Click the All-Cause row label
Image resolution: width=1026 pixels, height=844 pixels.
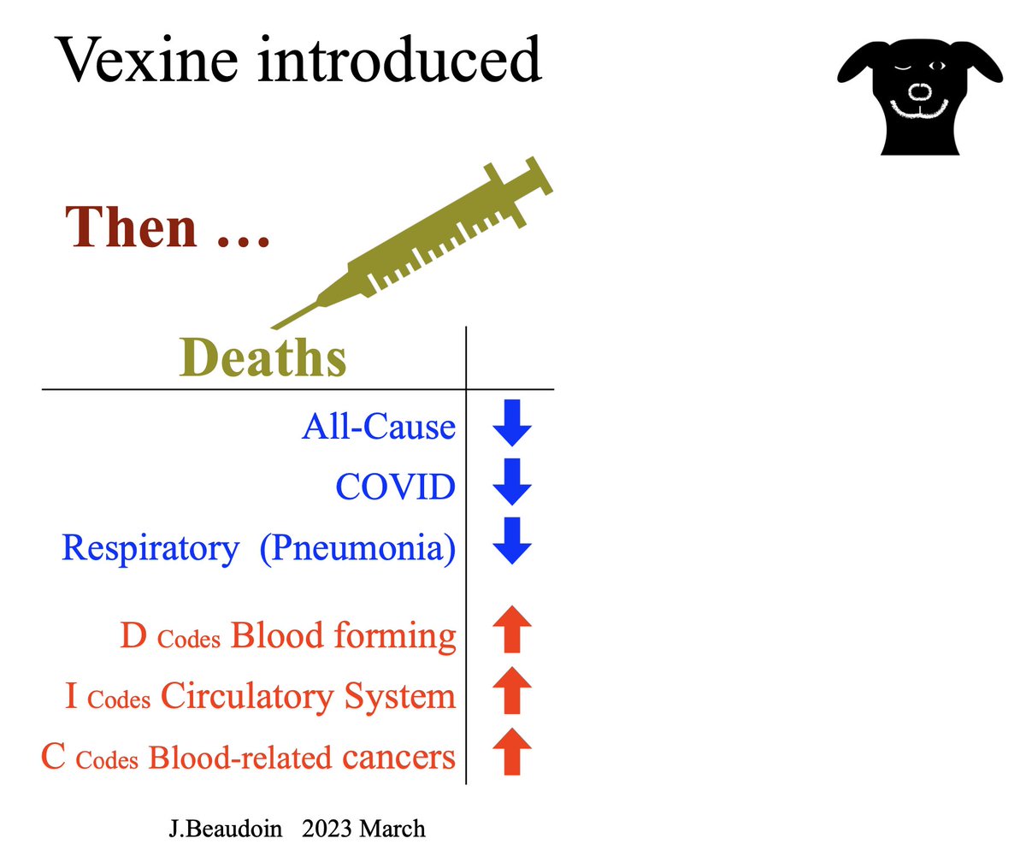coord(378,425)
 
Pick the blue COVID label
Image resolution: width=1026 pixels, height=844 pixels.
coord(395,487)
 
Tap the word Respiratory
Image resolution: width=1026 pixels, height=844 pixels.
coord(150,548)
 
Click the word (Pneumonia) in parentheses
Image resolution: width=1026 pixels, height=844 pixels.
coord(358,548)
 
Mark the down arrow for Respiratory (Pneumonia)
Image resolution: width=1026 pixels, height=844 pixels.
coord(512,542)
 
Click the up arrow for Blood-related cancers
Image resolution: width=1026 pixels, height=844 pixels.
coord(512,752)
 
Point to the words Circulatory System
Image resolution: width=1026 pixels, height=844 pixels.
coord(309,697)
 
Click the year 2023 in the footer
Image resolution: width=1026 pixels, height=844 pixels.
coord(326,828)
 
